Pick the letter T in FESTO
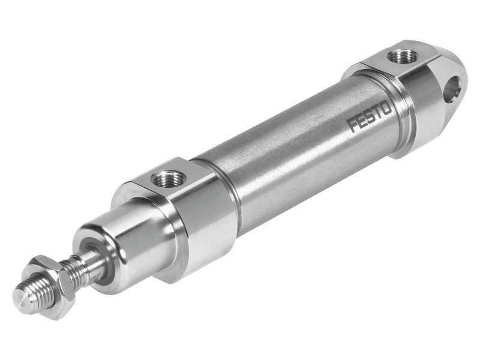point(377,113)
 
